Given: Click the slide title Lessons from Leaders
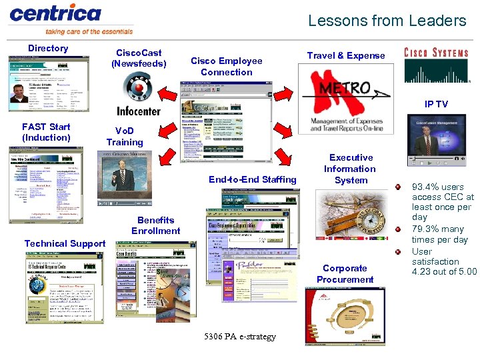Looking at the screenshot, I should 387,21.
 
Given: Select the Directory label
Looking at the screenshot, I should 48,48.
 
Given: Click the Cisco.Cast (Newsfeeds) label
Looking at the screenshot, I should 139,58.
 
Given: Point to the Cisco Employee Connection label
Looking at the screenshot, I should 227,66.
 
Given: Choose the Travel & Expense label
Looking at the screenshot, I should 346,55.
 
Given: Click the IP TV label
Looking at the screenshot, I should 436,104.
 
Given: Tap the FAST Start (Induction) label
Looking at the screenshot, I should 46,132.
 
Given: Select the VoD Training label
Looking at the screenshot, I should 125,137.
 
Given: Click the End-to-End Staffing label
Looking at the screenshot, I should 253,179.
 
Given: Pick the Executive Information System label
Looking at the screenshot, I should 351,169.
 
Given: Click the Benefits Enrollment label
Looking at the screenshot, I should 156,225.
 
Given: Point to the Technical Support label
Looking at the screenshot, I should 65,243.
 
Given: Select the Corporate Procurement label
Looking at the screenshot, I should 345,274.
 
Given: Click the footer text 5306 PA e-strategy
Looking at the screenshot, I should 241,337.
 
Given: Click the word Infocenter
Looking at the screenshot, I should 139,111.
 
